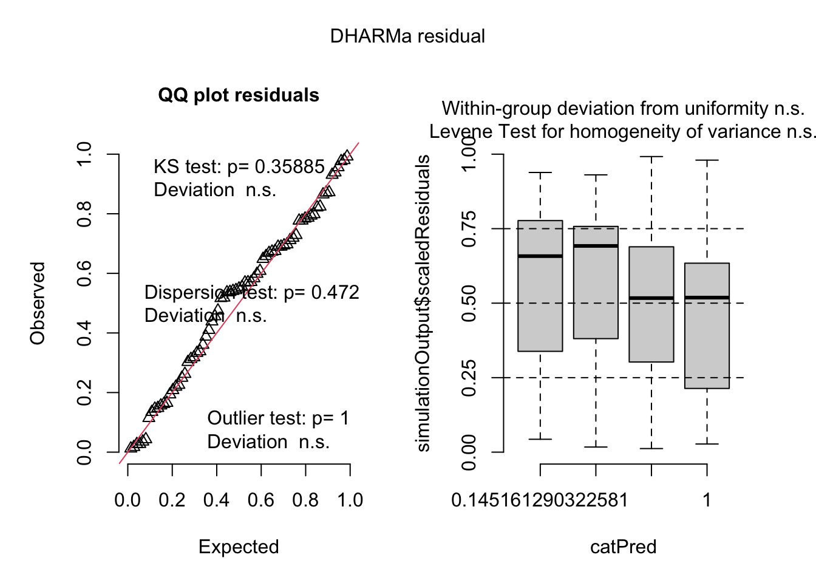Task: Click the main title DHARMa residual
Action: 407,36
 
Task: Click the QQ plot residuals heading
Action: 239,95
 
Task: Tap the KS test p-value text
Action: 239,167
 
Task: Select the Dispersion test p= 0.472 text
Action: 252,293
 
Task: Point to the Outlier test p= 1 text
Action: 278,418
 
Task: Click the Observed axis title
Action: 38,304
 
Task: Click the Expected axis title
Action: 239,547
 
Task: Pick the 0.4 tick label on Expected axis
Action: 216,500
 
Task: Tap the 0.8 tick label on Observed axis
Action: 84,214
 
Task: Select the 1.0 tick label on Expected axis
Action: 350,500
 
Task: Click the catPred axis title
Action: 623,547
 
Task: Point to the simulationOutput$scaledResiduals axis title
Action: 423,304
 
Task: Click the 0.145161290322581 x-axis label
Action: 540,500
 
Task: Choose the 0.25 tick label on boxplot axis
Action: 469,378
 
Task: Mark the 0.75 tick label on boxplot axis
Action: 469,229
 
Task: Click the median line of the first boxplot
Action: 540,256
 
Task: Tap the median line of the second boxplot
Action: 596,246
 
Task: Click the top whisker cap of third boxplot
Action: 651,157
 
